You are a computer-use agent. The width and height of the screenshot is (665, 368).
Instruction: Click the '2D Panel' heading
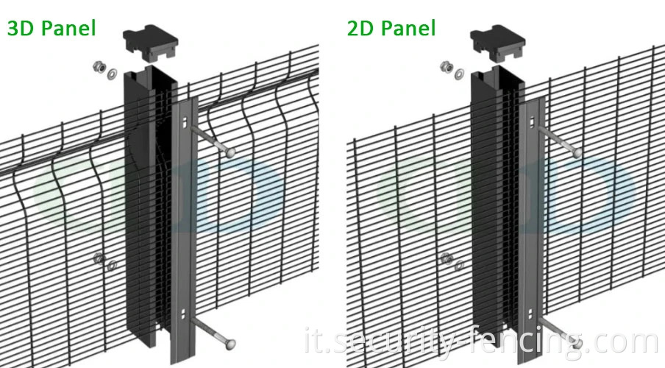click(x=391, y=28)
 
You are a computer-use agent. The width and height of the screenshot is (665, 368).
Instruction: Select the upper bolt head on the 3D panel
click(x=230, y=152)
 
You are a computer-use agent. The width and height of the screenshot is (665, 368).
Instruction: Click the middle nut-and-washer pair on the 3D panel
click(x=103, y=261)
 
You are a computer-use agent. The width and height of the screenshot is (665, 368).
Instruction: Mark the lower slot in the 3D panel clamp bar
click(x=183, y=314)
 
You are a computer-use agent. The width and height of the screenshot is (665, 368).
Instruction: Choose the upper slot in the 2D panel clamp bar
click(x=528, y=121)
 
